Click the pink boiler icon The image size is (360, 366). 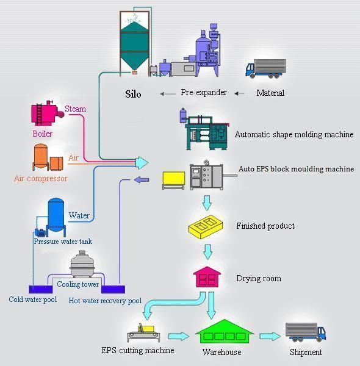pyautogui.click(x=48, y=113)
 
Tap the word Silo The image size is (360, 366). pyautogui.click(x=133, y=94)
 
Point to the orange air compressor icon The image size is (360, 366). pyautogui.click(x=48, y=157)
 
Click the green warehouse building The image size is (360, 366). pyautogui.click(x=225, y=332)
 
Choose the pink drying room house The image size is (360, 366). pyautogui.click(x=207, y=277)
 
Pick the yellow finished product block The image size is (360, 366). pyautogui.click(x=206, y=227)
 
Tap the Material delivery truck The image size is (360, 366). pyautogui.click(x=265, y=68)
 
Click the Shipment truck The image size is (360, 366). pyautogui.click(x=306, y=332)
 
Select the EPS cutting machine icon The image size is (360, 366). pyautogui.click(x=143, y=332)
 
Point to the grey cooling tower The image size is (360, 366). pyautogui.click(x=82, y=264)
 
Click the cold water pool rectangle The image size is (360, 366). pyautogui.click(x=41, y=289)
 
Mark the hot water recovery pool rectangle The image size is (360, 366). pyautogui.click(x=113, y=289)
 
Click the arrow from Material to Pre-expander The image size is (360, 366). pyautogui.click(x=240, y=93)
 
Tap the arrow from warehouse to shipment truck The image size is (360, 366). pyautogui.click(x=270, y=336)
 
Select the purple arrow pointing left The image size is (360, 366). pyautogui.click(x=142, y=180)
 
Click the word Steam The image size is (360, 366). pyautogui.click(x=75, y=109)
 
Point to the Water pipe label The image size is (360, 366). pyautogui.click(x=79, y=215)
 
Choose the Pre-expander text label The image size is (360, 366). pyautogui.click(x=204, y=93)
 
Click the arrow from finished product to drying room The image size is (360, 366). pyautogui.click(x=207, y=252)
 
